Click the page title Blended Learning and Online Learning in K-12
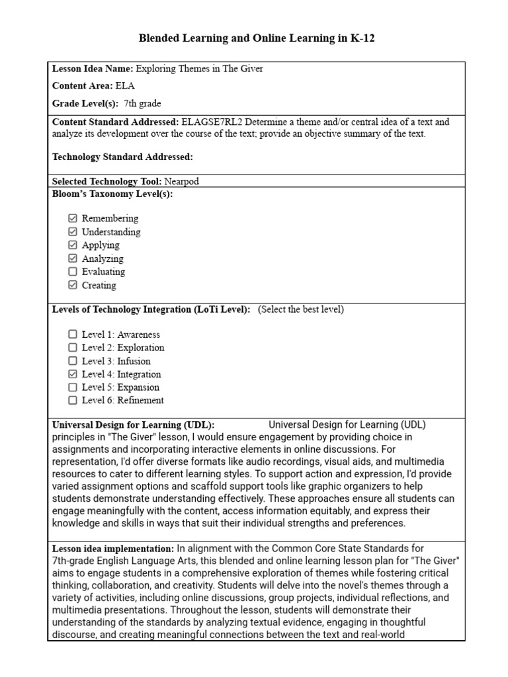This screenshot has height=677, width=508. [256, 38]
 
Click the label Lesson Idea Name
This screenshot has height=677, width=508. [93, 69]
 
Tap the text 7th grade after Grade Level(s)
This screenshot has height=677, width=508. [142, 104]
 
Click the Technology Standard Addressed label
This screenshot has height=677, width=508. [122, 157]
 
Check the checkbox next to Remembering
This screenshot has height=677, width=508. [73, 218]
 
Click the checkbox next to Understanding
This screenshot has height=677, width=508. [73, 232]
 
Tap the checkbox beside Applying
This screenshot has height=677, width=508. [73, 245]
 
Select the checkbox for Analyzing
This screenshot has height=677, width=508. [73, 259]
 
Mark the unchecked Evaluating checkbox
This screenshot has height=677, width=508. [73, 272]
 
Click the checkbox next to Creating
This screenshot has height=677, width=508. [73, 286]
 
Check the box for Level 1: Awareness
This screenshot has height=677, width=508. [73, 335]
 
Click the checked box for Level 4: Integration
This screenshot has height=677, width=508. [73, 374]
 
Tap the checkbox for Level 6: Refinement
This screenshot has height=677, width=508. [73, 400]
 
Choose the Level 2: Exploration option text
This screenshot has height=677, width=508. [123, 348]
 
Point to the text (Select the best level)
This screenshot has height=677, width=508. [301, 309]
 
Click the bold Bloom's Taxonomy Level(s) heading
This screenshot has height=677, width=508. [112, 194]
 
